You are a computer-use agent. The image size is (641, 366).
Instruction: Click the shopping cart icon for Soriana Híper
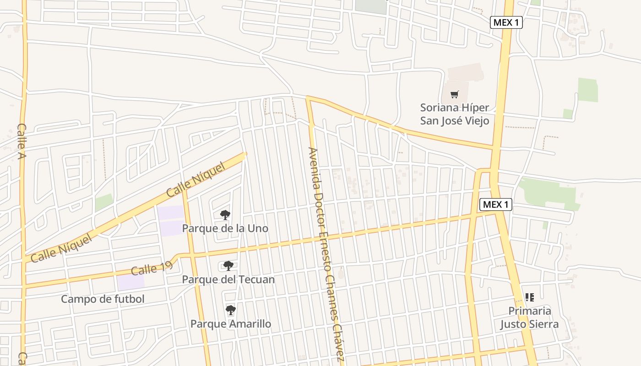(x=454, y=95)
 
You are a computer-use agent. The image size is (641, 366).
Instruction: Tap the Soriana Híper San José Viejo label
(x=455, y=114)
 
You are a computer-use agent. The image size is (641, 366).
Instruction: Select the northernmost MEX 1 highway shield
(x=506, y=22)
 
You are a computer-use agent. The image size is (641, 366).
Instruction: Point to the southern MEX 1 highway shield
(x=495, y=205)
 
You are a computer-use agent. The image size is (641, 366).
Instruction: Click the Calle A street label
(x=22, y=142)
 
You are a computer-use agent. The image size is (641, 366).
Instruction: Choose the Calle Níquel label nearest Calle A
(x=61, y=249)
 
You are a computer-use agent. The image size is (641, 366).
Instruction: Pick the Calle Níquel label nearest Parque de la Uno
(x=196, y=179)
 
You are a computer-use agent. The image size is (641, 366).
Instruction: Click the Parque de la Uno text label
(x=225, y=228)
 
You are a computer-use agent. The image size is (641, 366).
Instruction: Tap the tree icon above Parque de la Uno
(x=225, y=215)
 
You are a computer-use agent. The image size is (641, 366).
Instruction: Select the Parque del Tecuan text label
(x=228, y=279)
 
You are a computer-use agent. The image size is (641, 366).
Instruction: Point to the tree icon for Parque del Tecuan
(x=228, y=266)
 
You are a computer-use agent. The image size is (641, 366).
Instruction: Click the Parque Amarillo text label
(x=230, y=324)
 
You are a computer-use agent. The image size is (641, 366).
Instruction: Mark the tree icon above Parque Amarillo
(x=230, y=311)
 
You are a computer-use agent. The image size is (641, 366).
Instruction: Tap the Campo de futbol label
(x=103, y=299)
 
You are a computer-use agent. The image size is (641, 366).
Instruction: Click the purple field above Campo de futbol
(x=131, y=282)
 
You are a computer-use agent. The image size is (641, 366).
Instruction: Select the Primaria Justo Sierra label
(x=529, y=318)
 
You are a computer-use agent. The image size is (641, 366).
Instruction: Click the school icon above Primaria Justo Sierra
(x=529, y=297)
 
